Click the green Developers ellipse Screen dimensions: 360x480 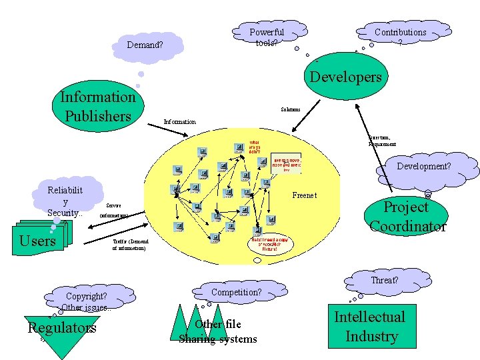coord(345,77)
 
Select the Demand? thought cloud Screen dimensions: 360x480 coord(145,45)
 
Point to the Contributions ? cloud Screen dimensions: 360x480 coord(400,36)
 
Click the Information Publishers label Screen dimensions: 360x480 coord(97,106)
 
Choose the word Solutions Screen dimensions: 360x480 coord(290,109)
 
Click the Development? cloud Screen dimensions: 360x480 coord(424,167)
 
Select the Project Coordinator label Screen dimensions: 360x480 coord(407,217)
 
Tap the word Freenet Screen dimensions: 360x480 coord(305,195)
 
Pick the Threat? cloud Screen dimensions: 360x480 coord(384,280)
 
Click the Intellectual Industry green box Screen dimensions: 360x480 coord(369,326)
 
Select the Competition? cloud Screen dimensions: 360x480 coord(236,292)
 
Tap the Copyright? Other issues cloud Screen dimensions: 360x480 coord(87,301)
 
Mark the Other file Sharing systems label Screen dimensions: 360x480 coord(217,331)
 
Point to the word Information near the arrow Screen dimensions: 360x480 coord(179,122)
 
